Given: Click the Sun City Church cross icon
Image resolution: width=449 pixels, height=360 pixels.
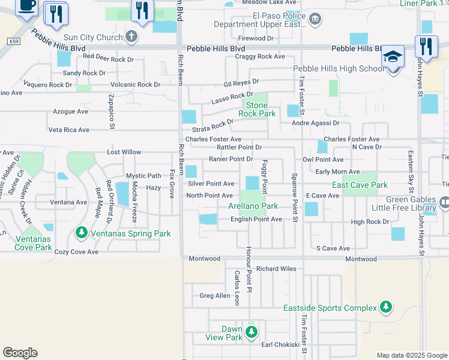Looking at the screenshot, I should pos(132,37).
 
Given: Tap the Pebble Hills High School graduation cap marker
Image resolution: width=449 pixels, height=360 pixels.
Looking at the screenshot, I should pos(393,57).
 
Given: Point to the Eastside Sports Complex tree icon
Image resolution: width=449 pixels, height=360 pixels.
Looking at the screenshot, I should pos(385,308).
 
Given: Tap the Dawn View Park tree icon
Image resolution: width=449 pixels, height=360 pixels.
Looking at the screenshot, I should pos(252,331).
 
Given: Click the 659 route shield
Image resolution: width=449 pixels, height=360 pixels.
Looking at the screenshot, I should pos(14,41).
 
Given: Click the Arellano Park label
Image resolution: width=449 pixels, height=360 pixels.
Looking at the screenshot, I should pos(253,206).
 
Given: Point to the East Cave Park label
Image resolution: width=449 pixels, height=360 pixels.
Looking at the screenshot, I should pos(360,185).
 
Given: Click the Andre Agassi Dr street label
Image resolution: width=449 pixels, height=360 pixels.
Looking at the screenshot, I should pos(315,123).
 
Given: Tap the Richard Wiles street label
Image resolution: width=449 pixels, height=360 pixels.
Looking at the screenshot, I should pos(276,269).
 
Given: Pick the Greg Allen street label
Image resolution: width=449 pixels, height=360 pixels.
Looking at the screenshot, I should pos(215,295).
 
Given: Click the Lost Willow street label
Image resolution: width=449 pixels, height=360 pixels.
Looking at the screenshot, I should pos(124,152).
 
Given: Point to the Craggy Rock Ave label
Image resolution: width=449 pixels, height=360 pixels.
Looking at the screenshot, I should pos(261,56).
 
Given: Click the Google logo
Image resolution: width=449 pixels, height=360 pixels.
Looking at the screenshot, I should pos(20,352).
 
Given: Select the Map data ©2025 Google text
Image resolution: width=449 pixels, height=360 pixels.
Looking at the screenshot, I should pos(411,355).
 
